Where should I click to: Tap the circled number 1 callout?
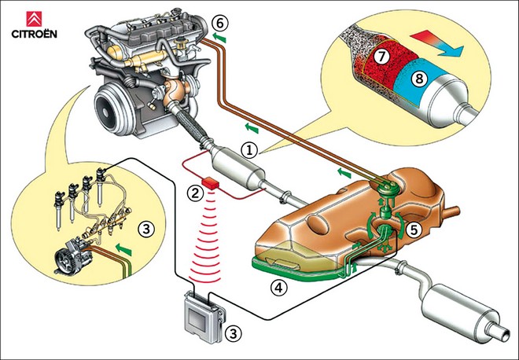248,148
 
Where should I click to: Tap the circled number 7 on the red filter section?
380,57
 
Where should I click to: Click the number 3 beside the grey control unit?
232,332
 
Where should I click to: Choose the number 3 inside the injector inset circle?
144,230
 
